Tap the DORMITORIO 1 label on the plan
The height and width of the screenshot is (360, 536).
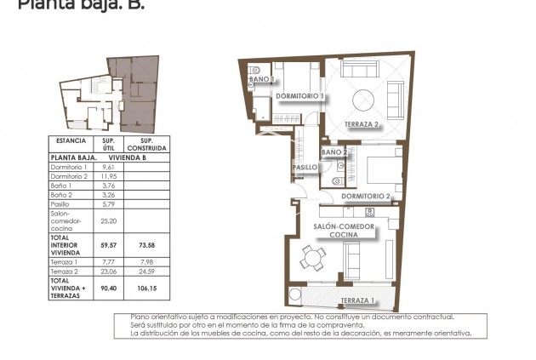pyautogui.click(x=299, y=96)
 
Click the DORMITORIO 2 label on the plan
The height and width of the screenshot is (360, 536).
pyautogui.click(x=366, y=197)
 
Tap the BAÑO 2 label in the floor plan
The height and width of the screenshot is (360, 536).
pyautogui.click(x=334, y=152)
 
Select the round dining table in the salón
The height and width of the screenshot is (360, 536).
pyautogui.click(x=315, y=257)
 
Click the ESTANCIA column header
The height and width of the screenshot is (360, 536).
pyautogui.click(x=71, y=140)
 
